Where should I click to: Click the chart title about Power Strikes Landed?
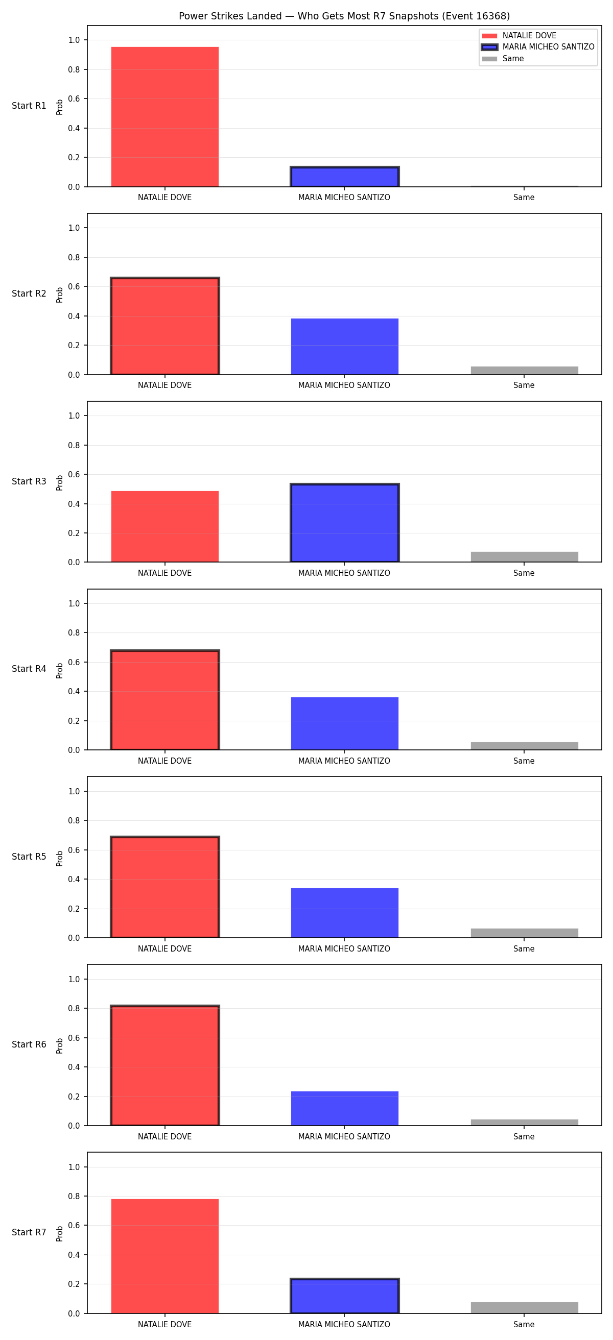click(x=344, y=16)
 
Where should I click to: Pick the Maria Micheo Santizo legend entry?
click(x=538, y=47)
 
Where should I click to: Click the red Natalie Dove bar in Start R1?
click(x=165, y=117)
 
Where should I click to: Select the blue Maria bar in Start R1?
click(x=344, y=177)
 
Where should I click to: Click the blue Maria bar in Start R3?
click(x=344, y=523)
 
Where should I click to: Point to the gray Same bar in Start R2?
click(x=525, y=371)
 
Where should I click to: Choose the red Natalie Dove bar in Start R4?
click(x=165, y=700)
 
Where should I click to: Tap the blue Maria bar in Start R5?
click(x=344, y=913)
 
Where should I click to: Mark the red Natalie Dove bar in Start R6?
click(x=165, y=1065)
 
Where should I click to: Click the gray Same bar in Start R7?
click(x=525, y=1308)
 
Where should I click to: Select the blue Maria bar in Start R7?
click(x=344, y=1296)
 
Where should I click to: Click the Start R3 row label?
click(x=29, y=481)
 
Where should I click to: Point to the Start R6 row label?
click(x=29, y=1044)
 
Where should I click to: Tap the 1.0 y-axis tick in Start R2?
click(x=74, y=228)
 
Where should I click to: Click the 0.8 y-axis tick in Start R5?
click(x=74, y=821)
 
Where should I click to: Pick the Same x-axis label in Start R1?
click(x=524, y=198)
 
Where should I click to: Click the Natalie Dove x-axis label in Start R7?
click(x=164, y=1324)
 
